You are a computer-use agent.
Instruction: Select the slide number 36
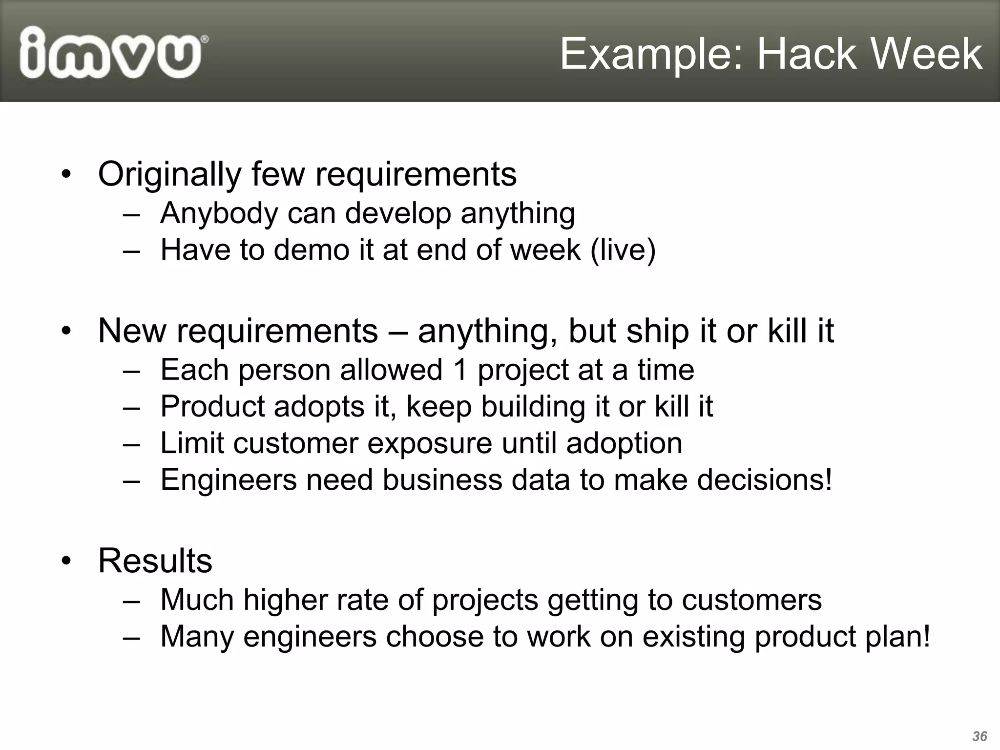(x=979, y=736)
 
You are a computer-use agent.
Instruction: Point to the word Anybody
(x=219, y=213)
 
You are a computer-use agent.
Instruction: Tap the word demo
(x=311, y=250)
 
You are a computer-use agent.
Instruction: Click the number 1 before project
(x=460, y=370)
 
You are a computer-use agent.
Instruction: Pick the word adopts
(x=319, y=407)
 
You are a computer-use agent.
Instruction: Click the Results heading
(x=155, y=561)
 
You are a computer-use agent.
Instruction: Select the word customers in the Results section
(x=751, y=600)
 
